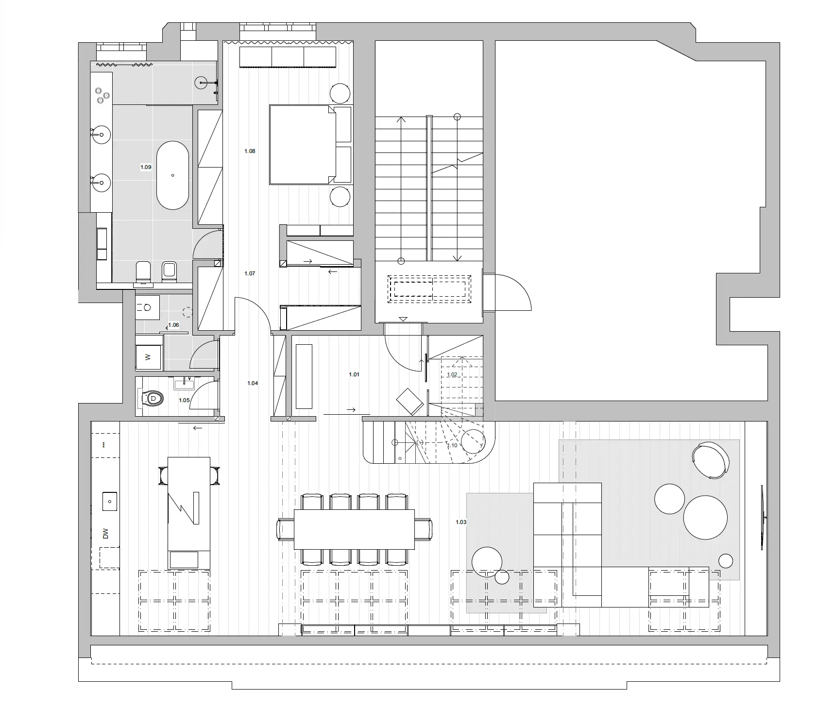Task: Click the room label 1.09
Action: [x=146, y=167]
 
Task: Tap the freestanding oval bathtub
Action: [x=172, y=175]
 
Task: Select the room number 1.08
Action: [x=250, y=151]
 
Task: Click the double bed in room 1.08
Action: [x=303, y=145]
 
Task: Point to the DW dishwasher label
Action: [x=105, y=534]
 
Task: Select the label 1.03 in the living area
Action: [x=461, y=522]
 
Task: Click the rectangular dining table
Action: [x=354, y=529]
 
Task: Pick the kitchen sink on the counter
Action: [x=110, y=501]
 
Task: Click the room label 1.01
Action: [x=354, y=374]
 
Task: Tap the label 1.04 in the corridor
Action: [x=253, y=383]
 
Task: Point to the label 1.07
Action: [x=250, y=273]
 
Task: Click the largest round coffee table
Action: [x=705, y=517]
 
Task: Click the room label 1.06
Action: [x=173, y=325]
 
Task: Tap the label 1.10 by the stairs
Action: [x=452, y=445]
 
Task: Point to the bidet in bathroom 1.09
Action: [x=169, y=271]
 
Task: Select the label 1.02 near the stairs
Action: [x=452, y=374]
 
